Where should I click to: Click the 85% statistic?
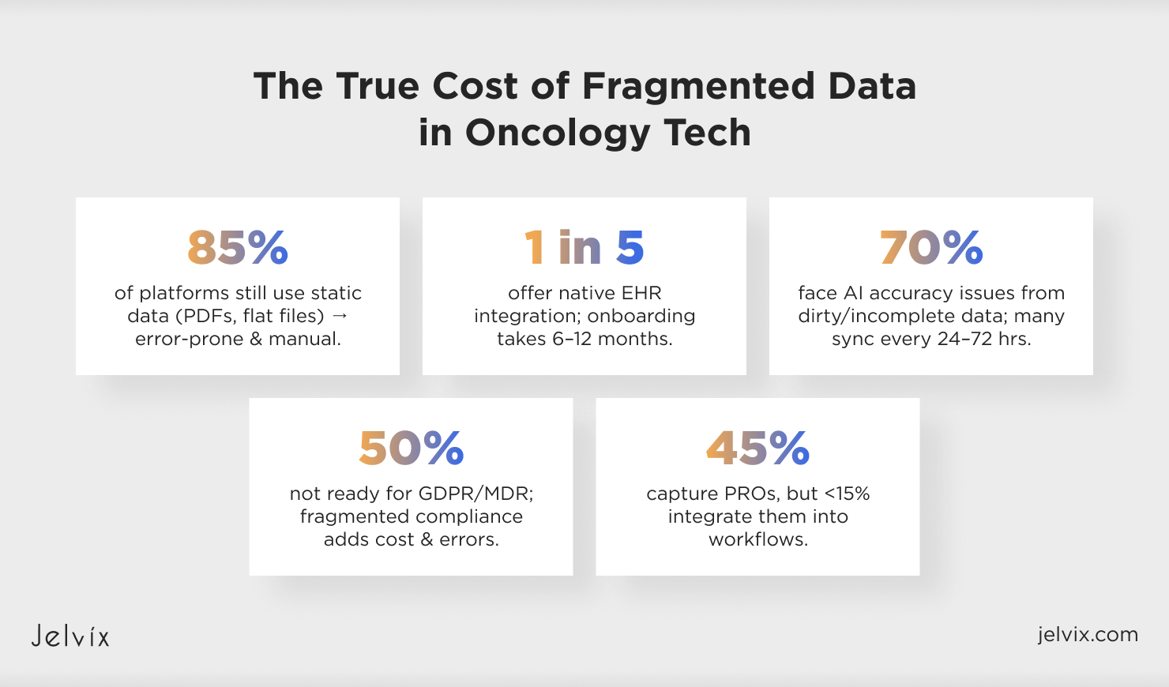click(238, 247)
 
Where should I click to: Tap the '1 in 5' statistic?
click(584, 247)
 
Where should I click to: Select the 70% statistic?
click(931, 247)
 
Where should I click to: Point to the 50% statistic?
click(412, 448)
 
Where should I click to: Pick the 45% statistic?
click(757, 448)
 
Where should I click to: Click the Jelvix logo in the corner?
click(70, 636)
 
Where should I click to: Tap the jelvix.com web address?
click(1088, 634)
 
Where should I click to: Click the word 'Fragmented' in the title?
click(698, 86)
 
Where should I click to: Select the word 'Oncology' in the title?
click(558, 133)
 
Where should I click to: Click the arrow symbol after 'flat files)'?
click(340, 316)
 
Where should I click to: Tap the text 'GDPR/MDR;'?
click(475, 494)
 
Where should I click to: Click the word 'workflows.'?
click(757, 539)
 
